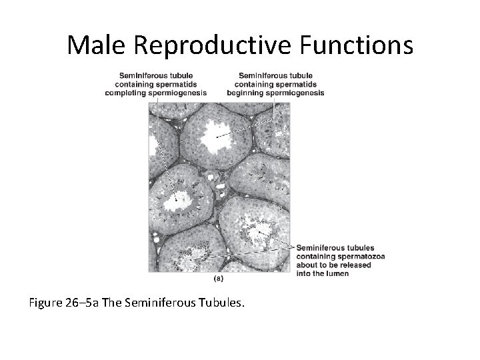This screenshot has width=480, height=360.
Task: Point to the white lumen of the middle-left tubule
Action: pos(179,198)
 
